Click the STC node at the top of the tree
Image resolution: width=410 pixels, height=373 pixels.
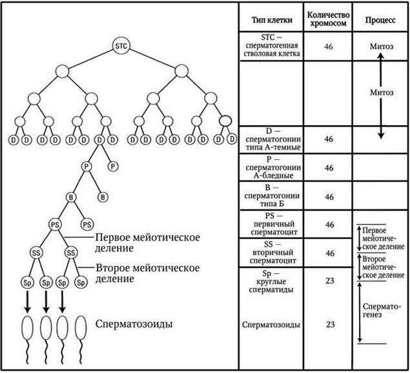click(121, 46)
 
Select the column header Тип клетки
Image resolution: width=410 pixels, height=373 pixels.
click(272, 20)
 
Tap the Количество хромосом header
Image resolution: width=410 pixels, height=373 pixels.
click(328, 19)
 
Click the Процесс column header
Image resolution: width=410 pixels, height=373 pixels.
click(380, 20)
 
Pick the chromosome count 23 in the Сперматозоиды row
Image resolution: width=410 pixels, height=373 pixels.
click(330, 324)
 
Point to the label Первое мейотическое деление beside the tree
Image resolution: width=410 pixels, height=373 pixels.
click(147, 242)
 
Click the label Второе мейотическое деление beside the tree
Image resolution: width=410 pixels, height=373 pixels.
click(147, 273)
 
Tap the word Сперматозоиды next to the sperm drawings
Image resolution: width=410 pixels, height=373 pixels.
click(134, 324)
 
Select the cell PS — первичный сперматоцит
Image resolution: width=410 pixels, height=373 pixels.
click(272, 224)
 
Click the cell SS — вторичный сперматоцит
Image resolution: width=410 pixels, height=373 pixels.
click(272, 253)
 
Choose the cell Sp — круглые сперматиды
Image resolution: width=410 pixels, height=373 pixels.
click(271, 282)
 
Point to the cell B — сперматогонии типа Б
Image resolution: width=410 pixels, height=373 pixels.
click(272, 195)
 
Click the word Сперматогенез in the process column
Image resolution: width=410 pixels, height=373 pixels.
click(381, 311)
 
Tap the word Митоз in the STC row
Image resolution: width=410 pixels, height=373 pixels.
click(382, 46)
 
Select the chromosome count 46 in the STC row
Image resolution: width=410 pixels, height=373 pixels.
click(329, 46)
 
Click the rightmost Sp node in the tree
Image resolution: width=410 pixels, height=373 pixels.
click(81, 283)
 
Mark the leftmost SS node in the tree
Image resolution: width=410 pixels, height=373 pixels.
click(36, 253)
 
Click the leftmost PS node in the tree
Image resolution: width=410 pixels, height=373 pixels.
click(55, 225)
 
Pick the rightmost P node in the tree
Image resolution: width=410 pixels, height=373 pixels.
click(113, 166)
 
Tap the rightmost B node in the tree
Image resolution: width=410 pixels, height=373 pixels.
click(103, 197)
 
